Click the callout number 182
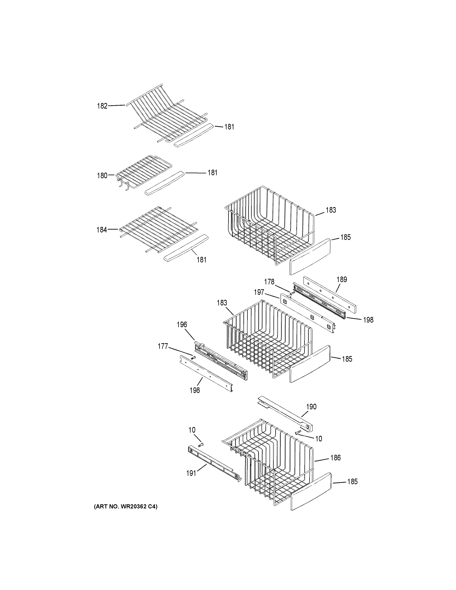[102, 106]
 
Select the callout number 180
[102, 176]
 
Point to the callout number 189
[342, 279]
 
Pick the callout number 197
[259, 292]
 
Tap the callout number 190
[311, 407]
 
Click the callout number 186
[335, 458]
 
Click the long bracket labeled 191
[213, 463]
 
